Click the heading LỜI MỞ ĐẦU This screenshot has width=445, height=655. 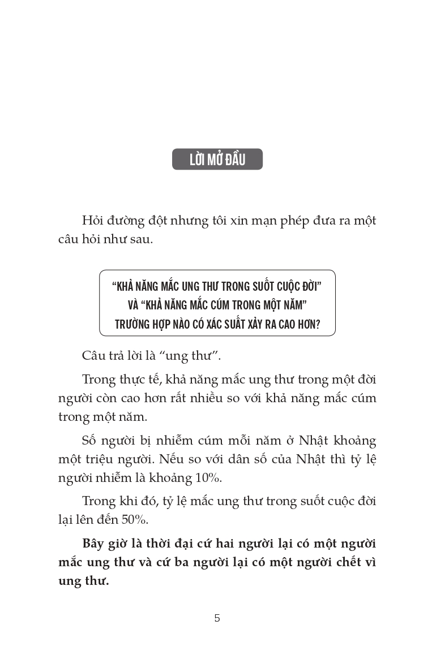pyautogui.click(x=217, y=160)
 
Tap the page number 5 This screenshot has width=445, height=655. pyautogui.click(x=217, y=618)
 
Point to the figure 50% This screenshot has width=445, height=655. pyautogui.click(x=134, y=520)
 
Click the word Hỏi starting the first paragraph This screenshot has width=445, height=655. pyautogui.click(x=94, y=221)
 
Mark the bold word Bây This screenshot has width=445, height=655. pyautogui.click(x=95, y=544)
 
